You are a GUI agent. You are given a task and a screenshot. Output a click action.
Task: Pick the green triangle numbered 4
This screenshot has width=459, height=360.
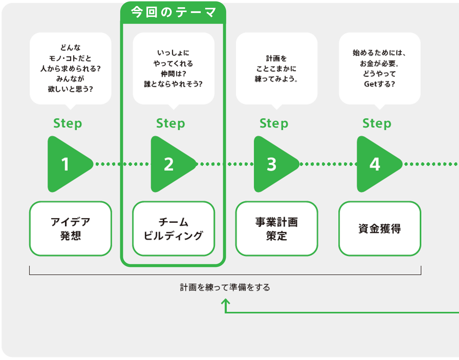376,164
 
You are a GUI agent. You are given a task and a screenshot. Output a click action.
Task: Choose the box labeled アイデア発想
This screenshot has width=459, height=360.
70,229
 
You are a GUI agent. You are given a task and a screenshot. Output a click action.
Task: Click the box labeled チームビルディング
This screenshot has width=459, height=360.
173,229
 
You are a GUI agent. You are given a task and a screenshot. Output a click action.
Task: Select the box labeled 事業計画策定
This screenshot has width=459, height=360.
276,229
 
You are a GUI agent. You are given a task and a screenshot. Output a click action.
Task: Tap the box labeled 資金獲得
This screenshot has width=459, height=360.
380,229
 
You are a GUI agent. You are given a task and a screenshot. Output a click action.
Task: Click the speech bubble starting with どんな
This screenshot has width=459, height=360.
70,68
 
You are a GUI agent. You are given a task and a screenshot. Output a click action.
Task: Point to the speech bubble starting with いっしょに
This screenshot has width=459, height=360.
173,68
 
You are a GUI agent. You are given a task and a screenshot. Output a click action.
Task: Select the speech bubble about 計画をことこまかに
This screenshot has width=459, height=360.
276,68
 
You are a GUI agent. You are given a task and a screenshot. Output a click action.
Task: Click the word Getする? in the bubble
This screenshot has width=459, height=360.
379,84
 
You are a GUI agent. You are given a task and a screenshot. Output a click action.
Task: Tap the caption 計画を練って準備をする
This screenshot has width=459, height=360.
225,287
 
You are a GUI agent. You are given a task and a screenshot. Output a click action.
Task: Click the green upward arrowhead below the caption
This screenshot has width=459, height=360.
225,301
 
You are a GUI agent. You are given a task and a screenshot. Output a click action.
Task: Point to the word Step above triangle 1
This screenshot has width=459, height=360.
68,123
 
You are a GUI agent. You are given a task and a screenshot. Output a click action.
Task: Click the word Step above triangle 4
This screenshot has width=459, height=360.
377,123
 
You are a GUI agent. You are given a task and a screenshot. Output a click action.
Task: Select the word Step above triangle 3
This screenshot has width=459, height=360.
274,123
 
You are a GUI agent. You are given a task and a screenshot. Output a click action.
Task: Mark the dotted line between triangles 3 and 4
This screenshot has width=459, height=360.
328,164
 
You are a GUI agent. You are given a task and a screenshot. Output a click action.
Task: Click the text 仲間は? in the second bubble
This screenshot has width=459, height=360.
173,74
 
